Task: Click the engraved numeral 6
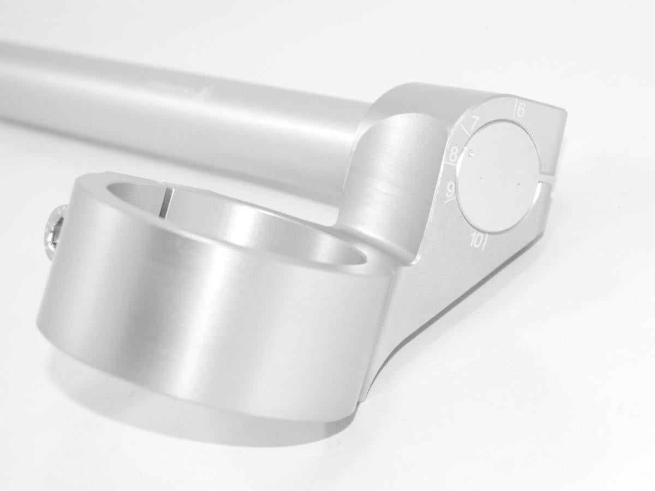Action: point(521,111)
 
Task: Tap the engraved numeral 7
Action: point(475,123)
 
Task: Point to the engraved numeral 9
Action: point(451,190)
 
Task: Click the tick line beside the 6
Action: point(514,109)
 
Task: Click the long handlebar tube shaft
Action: point(164,109)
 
